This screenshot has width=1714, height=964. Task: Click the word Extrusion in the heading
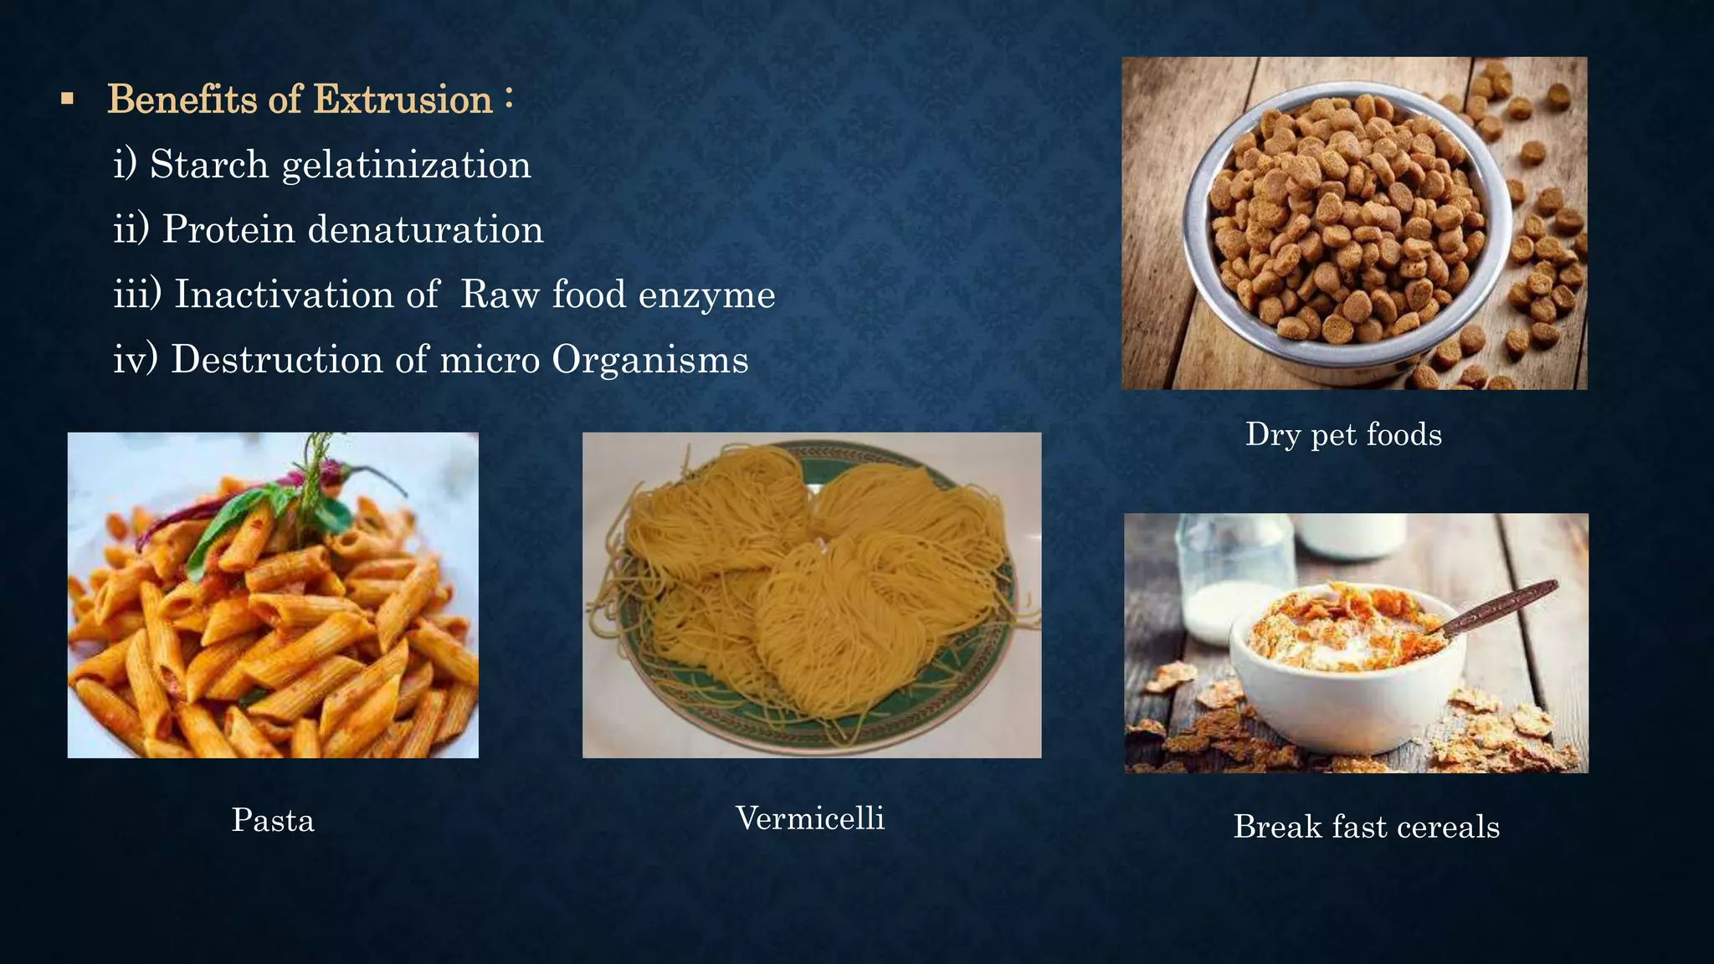pyautogui.click(x=403, y=100)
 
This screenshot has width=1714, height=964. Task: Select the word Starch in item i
pyautogui.click(x=209, y=164)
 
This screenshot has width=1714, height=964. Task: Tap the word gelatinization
pyautogui.click(x=407, y=166)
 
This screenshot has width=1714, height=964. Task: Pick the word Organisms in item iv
pyautogui.click(x=649, y=361)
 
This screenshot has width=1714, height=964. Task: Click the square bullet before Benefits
pyautogui.click(x=68, y=100)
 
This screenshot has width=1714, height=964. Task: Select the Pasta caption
pyautogui.click(x=273, y=820)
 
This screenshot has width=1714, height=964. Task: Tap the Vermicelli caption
pyautogui.click(x=810, y=818)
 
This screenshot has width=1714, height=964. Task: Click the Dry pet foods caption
pyautogui.click(x=1343, y=434)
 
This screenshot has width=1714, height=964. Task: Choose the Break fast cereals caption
pyautogui.click(x=1366, y=827)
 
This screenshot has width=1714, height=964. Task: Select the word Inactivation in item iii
pyautogui.click(x=285, y=295)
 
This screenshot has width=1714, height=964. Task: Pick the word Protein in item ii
pyautogui.click(x=228, y=229)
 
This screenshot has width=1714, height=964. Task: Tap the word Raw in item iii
pyautogui.click(x=500, y=295)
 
